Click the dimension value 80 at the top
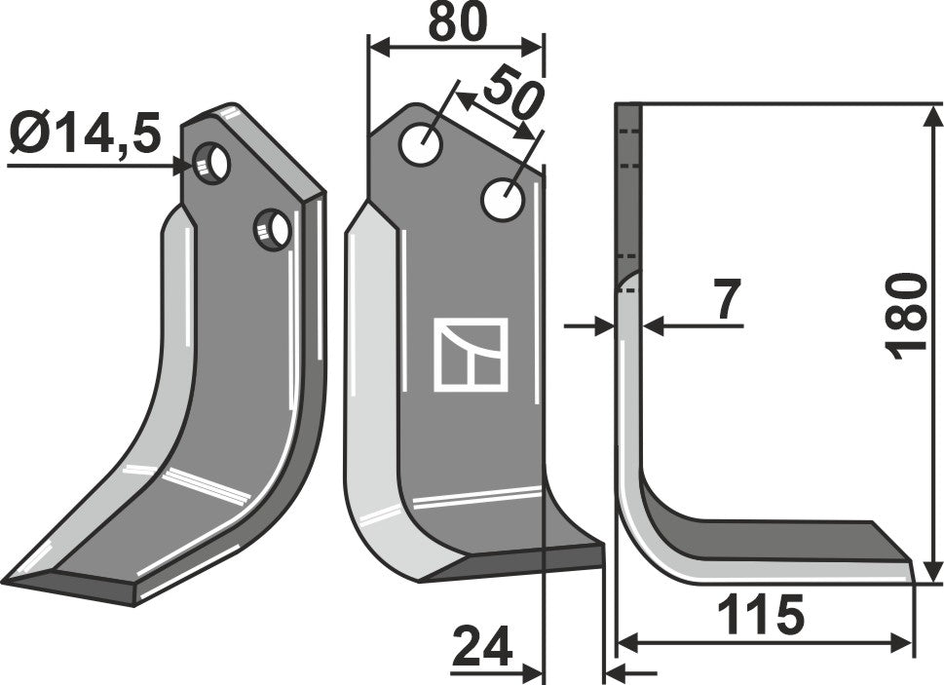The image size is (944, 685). click(x=456, y=23)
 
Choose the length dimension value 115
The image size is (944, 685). click(x=760, y=615)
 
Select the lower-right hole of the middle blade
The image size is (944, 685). click(x=504, y=200)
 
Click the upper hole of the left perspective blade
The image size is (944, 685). click(x=212, y=162)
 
